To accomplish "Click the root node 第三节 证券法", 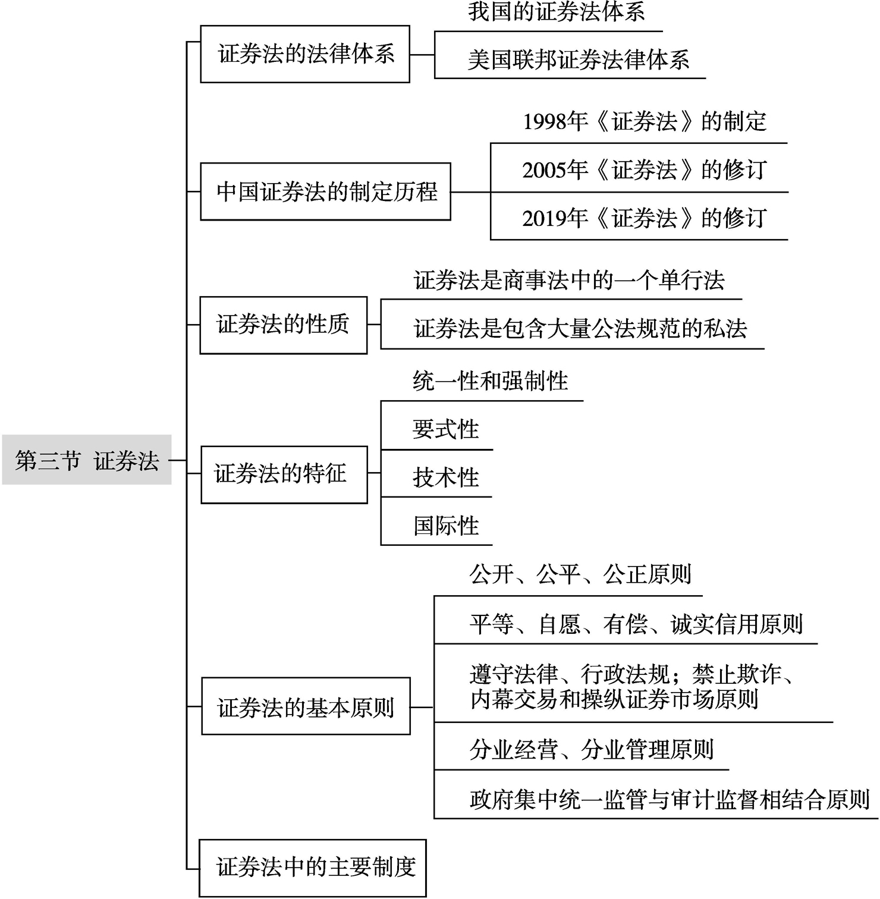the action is pyautogui.click(x=87, y=460).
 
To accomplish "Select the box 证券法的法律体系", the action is pyautogui.click(x=305, y=54).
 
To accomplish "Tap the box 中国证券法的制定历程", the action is pyautogui.click(x=325, y=191).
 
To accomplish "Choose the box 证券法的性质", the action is pyautogui.click(x=284, y=325).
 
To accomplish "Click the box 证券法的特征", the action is pyautogui.click(x=284, y=474).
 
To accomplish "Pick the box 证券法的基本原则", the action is pyautogui.click(x=306, y=706).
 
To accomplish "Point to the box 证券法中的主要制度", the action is pyautogui.click(x=313, y=868).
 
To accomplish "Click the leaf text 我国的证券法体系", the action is pyautogui.click(x=557, y=12).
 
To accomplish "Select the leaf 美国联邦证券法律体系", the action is pyautogui.click(x=579, y=60).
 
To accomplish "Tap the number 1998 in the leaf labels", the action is pyautogui.click(x=544, y=122).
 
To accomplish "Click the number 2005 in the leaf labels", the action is pyautogui.click(x=544, y=171).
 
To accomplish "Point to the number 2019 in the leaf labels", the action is pyautogui.click(x=544, y=219).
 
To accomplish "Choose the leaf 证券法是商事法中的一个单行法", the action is pyautogui.click(x=569, y=280).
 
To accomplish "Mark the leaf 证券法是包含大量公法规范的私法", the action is pyautogui.click(x=580, y=328).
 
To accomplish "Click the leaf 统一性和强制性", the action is pyautogui.click(x=491, y=381).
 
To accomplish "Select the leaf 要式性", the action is pyautogui.click(x=446, y=429).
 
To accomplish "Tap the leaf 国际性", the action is pyautogui.click(x=447, y=526).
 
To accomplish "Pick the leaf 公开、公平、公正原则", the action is pyautogui.click(x=581, y=575).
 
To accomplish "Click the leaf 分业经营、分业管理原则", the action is pyautogui.click(x=592, y=750).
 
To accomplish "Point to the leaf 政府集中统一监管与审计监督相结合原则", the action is pyautogui.click(x=670, y=800).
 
